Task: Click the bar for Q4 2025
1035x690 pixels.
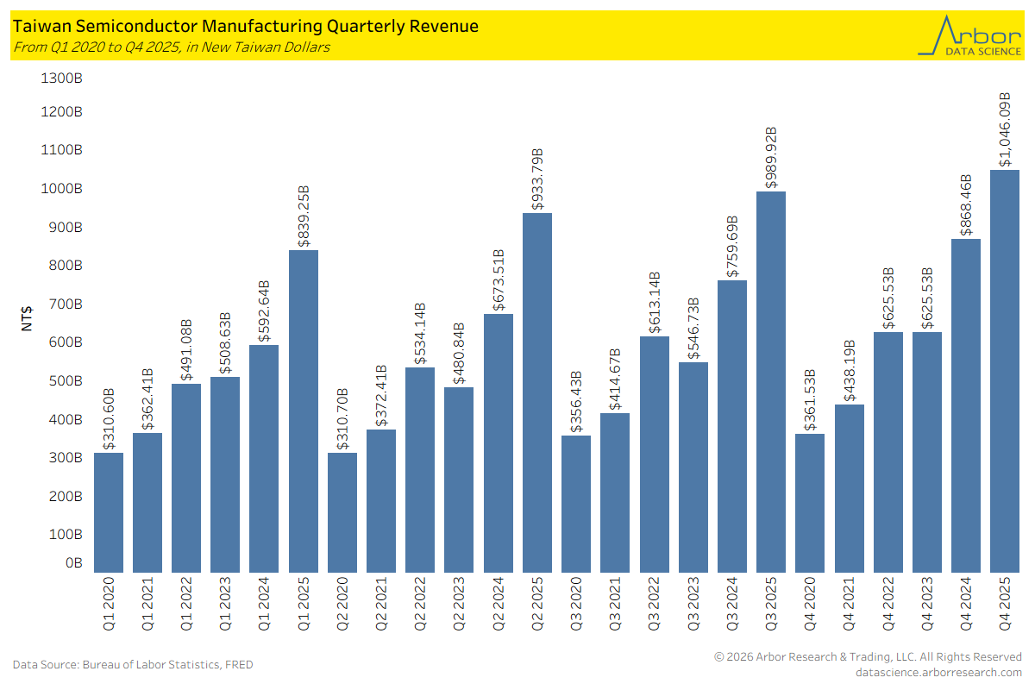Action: (1005, 371)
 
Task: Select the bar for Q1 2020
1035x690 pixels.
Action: (109, 512)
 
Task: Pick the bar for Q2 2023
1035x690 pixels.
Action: (459, 480)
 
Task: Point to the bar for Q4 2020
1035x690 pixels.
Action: (810, 503)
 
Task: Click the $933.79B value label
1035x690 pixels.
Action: (537, 179)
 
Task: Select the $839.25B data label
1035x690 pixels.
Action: (304, 216)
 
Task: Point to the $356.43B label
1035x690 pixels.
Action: (576, 402)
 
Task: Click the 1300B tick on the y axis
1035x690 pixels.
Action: (62, 78)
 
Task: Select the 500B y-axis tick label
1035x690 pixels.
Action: (66, 380)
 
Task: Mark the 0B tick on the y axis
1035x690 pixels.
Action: (74, 562)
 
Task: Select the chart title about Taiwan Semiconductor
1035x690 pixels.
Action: (246, 27)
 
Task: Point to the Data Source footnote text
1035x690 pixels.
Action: (133, 664)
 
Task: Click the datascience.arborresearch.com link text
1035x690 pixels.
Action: (938, 672)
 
